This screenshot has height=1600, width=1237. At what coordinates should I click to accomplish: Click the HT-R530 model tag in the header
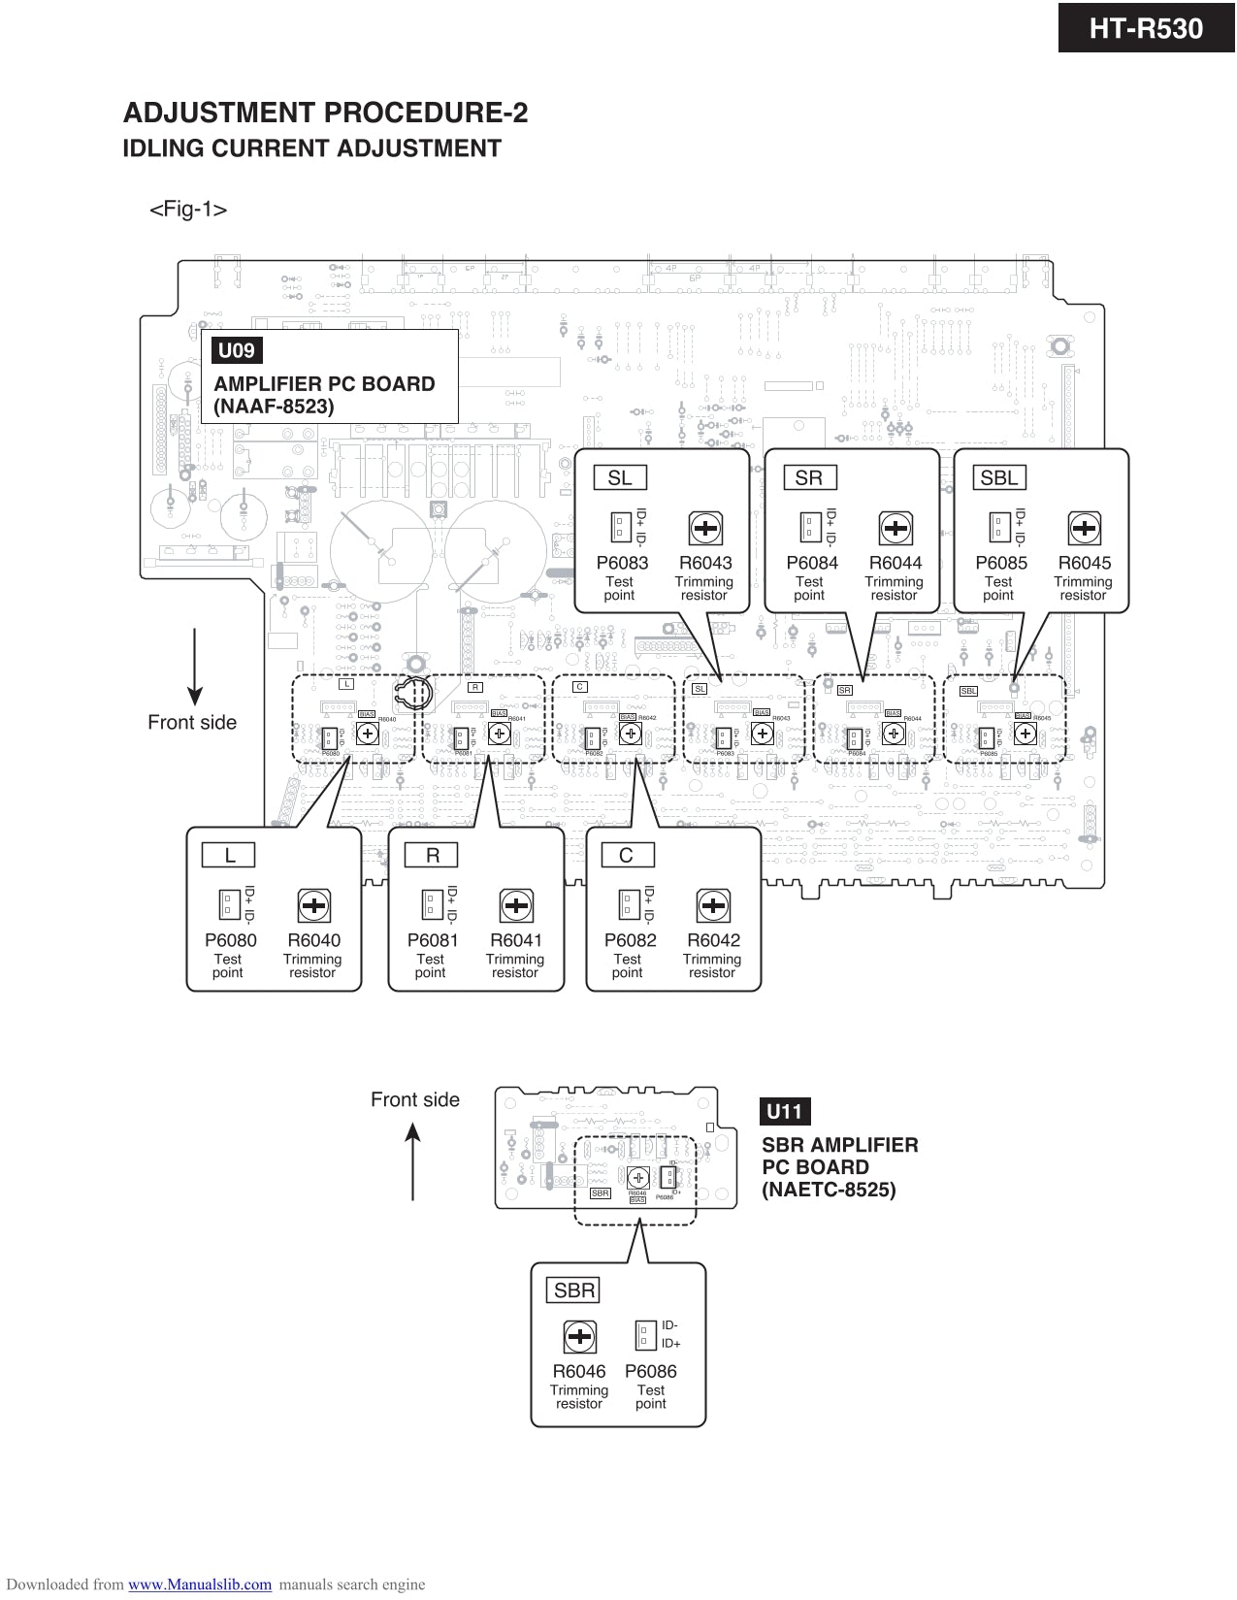coord(1146,28)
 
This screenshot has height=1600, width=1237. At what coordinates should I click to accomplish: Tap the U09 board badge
coord(236,351)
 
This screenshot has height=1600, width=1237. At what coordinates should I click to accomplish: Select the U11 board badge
coord(784,1112)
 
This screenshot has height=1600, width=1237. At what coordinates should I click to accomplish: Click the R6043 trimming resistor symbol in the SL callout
coord(705,529)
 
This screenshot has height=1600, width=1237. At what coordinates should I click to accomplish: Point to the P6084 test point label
coord(811,563)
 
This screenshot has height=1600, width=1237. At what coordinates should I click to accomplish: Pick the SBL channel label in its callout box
coord(998,477)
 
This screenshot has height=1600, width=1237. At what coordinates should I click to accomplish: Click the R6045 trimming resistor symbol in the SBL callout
coord(1084,529)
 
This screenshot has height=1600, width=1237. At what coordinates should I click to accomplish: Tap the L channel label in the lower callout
coord(229,855)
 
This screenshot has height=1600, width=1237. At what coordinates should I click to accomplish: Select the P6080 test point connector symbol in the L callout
coord(228,904)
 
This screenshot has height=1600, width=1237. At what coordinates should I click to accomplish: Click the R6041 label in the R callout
coord(515,940)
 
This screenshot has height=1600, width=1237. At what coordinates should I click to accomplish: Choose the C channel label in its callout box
coord(626,855)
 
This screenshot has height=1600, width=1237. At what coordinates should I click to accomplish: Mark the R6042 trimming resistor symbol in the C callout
coord(713,906)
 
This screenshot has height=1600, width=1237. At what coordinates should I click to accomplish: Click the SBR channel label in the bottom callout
coord(574,1290)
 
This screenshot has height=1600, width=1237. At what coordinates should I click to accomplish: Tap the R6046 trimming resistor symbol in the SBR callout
coord(579,1337)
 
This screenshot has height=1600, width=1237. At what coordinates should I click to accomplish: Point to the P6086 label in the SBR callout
coord(650,1371)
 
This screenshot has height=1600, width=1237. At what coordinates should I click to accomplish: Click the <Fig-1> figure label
coord(188,210)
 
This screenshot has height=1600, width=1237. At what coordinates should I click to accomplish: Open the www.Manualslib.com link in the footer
coord(200,1584)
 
